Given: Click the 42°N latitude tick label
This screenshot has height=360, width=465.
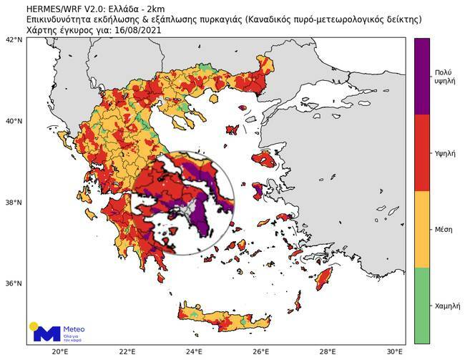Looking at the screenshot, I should (14, 40).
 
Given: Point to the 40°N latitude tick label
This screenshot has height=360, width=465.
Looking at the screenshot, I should (14, 121).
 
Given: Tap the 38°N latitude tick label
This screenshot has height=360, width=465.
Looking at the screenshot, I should (14, 203).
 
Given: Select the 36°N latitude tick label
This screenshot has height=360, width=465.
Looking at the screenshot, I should (14, 283).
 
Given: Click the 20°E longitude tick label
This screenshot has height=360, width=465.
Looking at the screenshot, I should (60, 351).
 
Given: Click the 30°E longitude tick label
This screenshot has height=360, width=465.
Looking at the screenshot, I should (394, 351).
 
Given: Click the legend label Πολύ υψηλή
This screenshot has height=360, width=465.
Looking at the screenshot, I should (443, 77).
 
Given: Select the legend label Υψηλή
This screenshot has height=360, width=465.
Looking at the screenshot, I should (443, 153).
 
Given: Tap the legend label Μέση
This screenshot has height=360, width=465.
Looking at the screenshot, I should (443, 229).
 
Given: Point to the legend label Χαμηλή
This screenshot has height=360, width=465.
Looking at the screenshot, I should (443, 306).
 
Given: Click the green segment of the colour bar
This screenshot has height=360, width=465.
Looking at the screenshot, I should (422, 306).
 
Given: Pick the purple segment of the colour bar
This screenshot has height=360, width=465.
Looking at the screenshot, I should (422, 77).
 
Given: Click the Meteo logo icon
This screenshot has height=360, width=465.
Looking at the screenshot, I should (46, 332).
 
